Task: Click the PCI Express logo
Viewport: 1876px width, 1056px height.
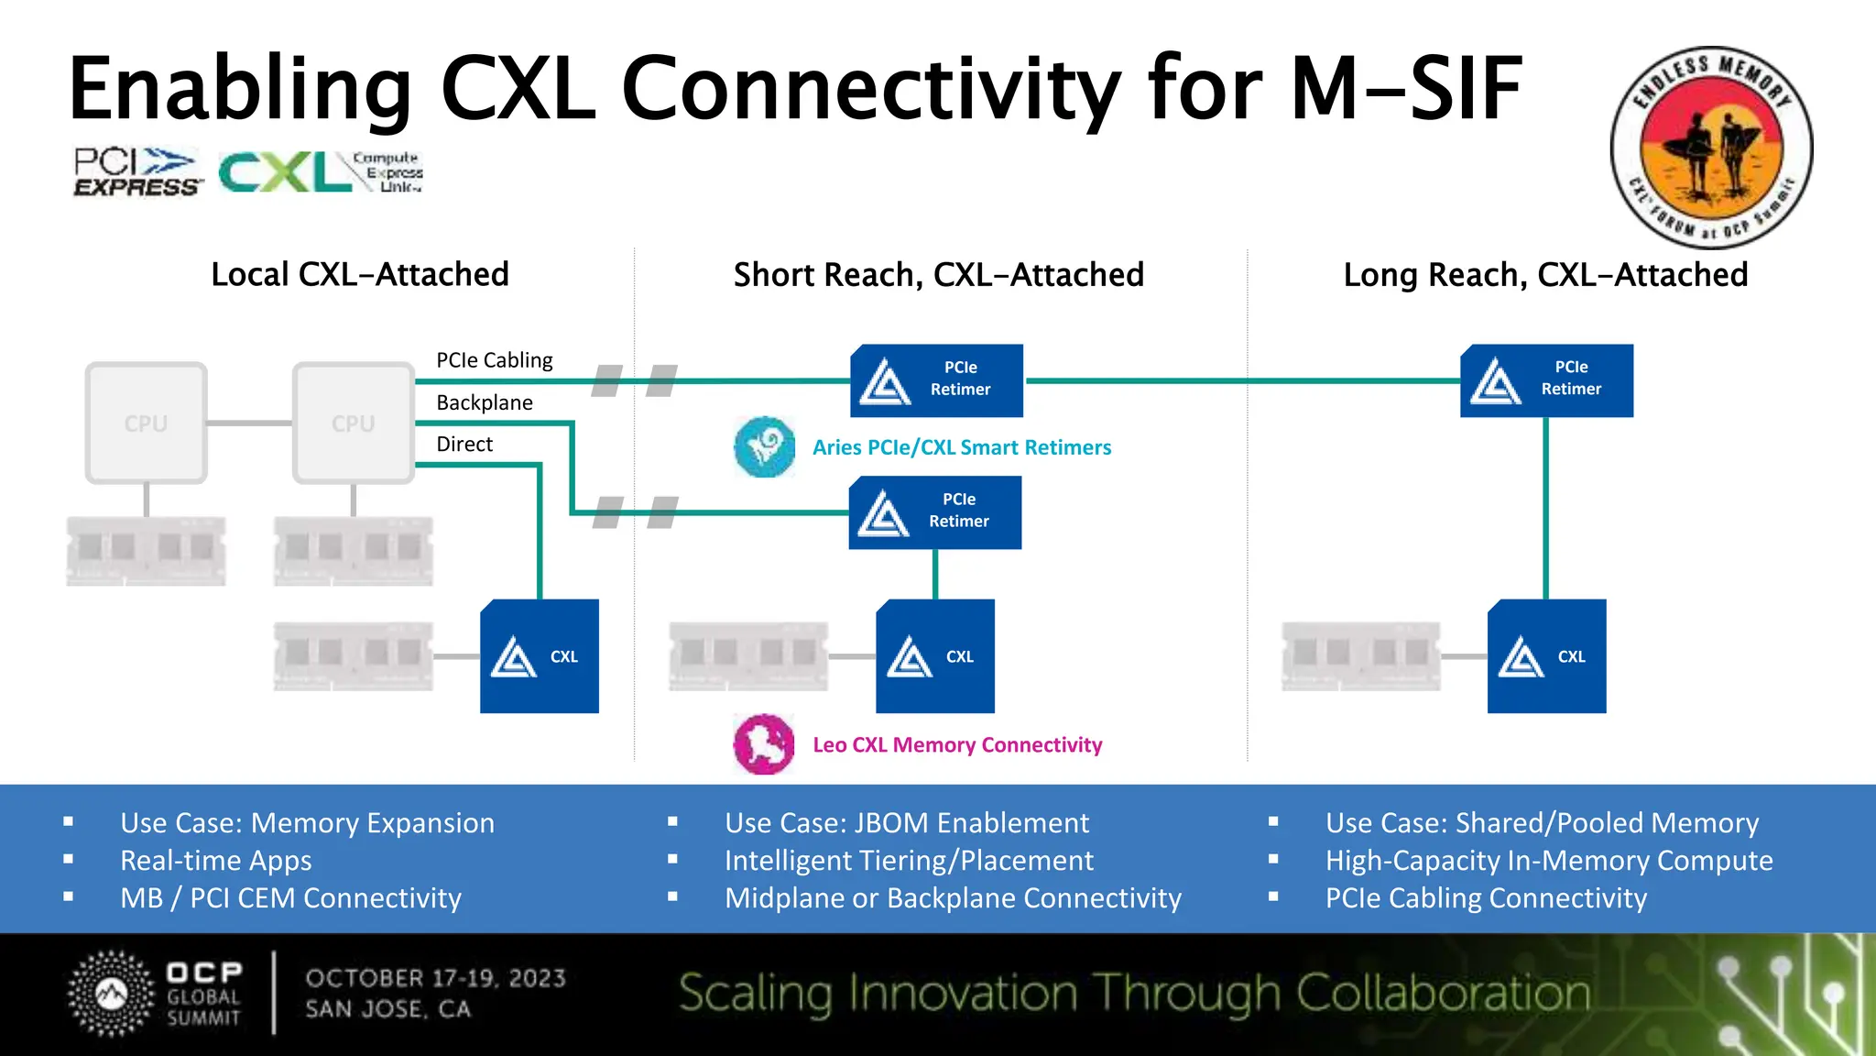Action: point(136,172)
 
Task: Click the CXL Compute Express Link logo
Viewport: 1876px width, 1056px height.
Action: point(320,172)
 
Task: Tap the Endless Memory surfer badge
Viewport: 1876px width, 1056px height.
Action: point(1711,148)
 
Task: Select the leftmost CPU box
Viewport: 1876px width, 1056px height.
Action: point(147,423)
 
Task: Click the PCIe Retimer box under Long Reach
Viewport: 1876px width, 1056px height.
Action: point(1546,380)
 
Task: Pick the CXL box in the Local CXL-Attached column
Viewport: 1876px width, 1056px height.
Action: point(540,656)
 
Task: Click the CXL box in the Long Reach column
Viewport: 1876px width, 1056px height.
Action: point(1546,656)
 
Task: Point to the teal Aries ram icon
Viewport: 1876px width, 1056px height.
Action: point(764,447)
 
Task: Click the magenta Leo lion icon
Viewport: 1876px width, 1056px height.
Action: point(764,744)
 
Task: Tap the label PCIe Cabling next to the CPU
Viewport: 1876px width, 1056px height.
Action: point(494,360)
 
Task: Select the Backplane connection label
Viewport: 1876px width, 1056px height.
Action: point(485,402)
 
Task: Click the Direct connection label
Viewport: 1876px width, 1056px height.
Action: point(464,445)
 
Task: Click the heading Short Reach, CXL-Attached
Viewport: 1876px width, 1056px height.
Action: point(938,275)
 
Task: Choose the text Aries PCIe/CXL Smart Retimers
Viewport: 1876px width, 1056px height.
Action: point(961,447)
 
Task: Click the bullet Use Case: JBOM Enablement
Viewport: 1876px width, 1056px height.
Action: point(906,823)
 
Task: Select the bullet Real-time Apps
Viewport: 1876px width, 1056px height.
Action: point(216,861)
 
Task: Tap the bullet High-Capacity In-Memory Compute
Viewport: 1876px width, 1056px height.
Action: point(1548,861)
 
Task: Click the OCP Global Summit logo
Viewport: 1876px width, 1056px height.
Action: point(156,995)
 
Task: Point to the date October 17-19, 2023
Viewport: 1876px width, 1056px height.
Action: point(435,979)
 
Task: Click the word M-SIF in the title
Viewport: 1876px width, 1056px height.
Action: point(1406,89)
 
